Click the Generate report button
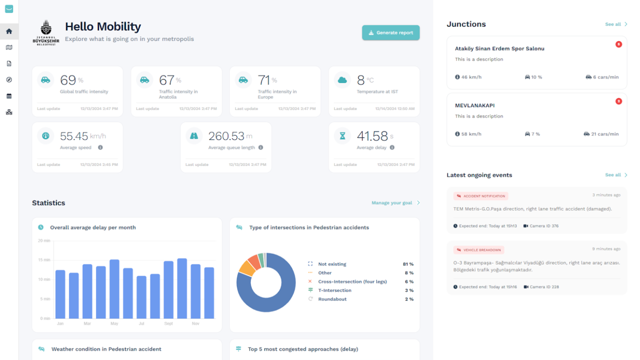390,33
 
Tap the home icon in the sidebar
9,31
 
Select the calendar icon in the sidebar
9,96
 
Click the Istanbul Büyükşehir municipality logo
46,33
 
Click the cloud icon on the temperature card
342,80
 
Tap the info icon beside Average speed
100,147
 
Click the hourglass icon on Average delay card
342,136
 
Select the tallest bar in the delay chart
182,288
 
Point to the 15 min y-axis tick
44,260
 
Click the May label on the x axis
114,323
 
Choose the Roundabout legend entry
332,299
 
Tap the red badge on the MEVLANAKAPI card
618,101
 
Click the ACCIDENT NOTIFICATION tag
481,196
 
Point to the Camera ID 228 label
541,287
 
